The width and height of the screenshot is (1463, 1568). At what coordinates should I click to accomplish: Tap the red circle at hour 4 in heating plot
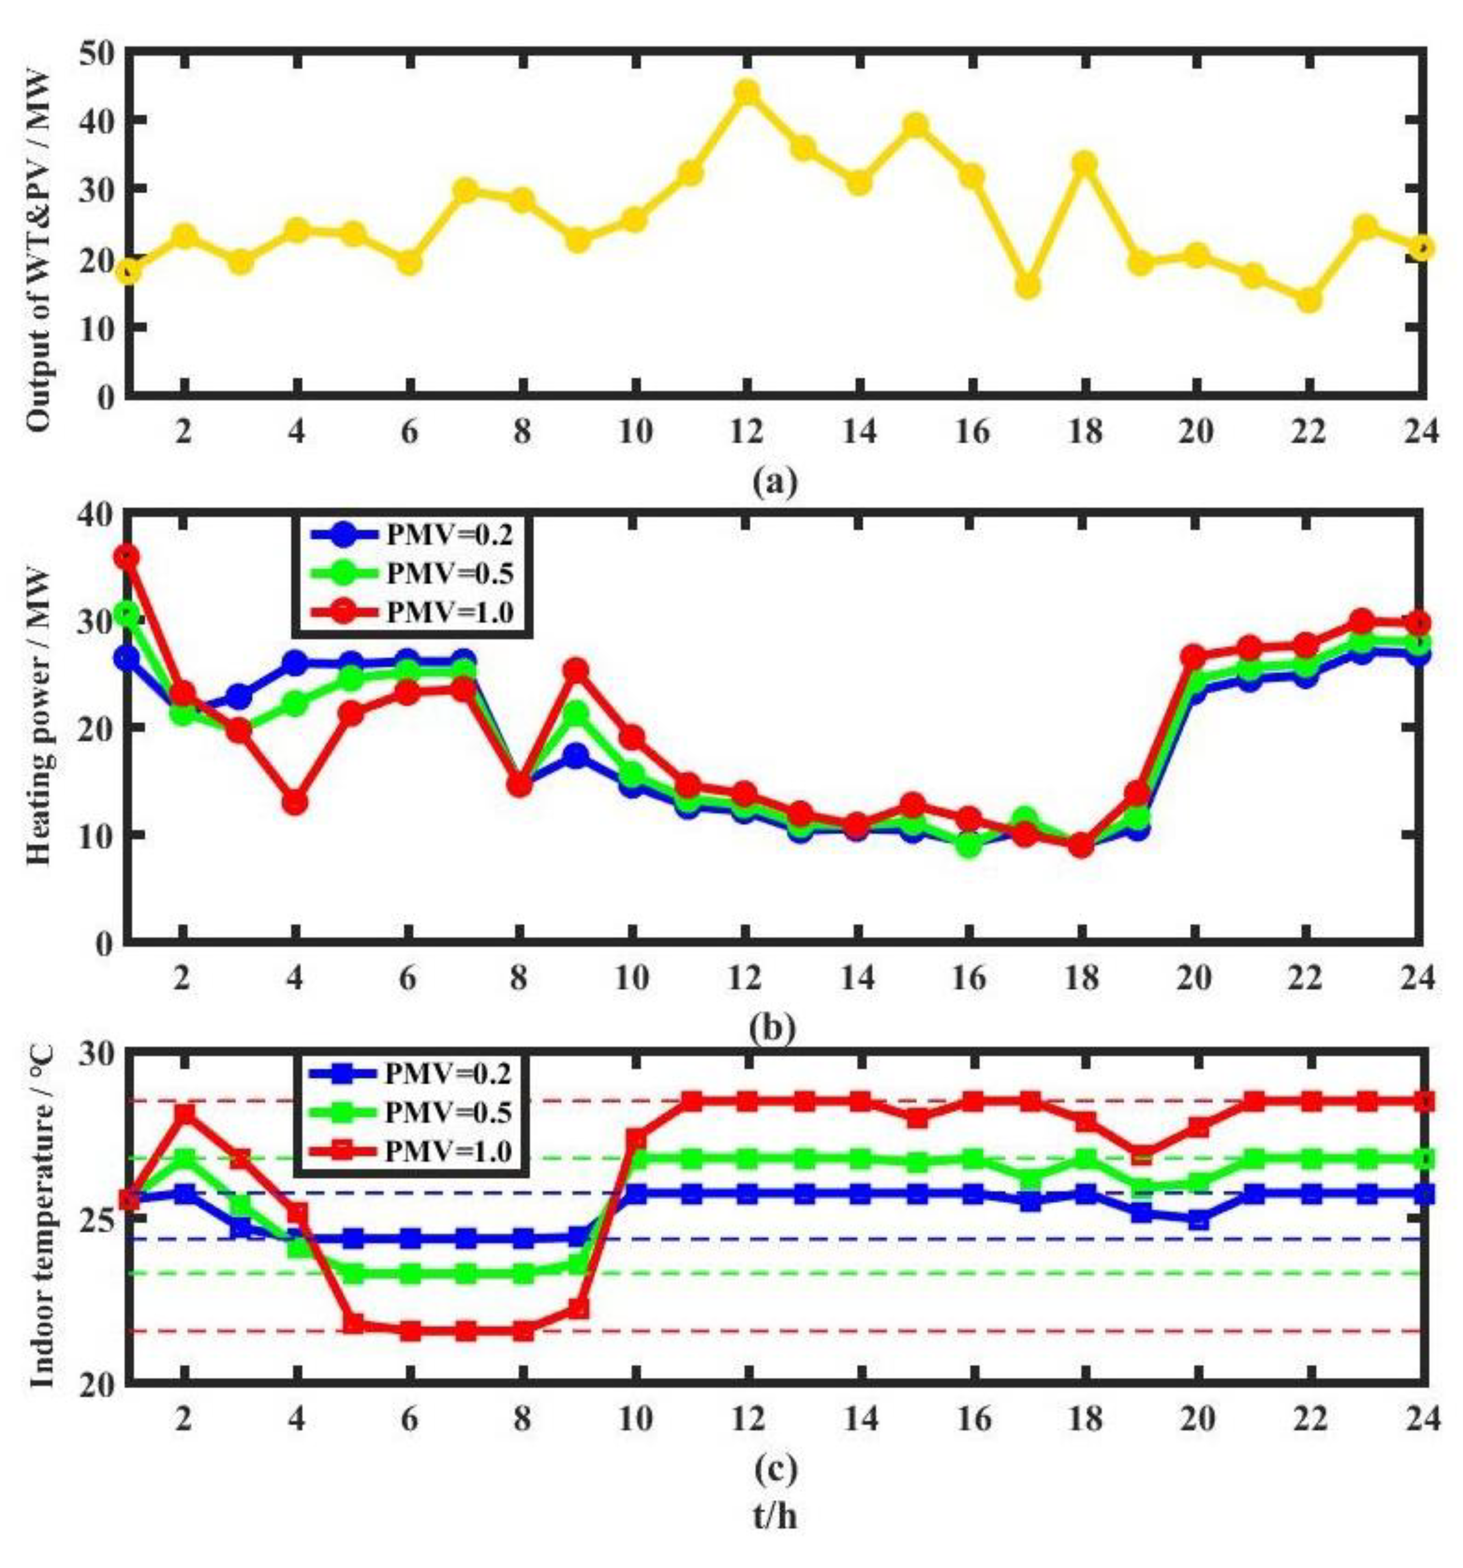point(296,802)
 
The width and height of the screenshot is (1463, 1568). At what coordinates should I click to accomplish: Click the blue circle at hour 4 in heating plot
point(296,663)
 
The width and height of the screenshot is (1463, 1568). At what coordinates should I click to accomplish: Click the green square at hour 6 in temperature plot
point(408,1273)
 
